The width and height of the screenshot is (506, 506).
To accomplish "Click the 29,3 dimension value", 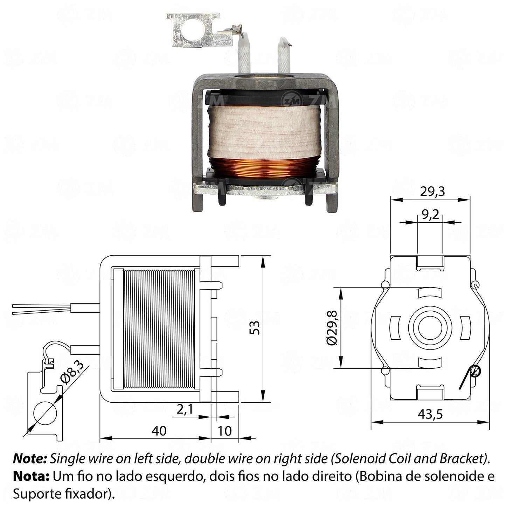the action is point(432,192).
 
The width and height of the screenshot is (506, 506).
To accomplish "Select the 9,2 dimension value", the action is point(430,215).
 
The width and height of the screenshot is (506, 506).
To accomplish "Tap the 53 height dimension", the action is point(255,327).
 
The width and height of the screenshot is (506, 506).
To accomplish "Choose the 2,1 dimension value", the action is point(185,409).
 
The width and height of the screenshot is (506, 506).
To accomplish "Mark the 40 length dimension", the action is point(159,431).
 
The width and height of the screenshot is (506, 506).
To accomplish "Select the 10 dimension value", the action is point(225,431).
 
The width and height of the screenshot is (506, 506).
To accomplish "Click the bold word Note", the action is point(30,459).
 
